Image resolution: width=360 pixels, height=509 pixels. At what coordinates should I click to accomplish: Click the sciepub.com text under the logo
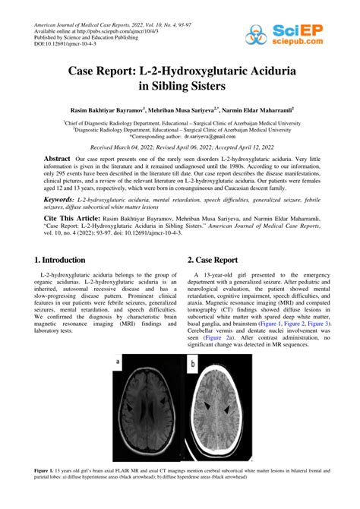click(x=303, y=44)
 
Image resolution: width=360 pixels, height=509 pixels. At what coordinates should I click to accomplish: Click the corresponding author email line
click(x=179, y=138)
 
